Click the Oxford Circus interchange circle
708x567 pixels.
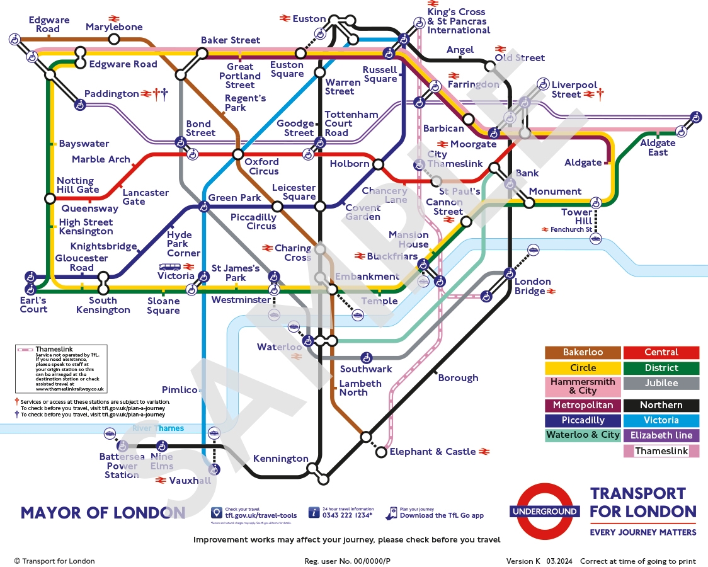[238, 154]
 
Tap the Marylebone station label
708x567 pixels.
[114, 27]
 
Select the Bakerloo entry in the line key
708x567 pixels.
[583, 353]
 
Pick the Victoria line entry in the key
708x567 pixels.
[661, 420]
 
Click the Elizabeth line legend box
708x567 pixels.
[661, 435]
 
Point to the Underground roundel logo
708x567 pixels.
[544, 512]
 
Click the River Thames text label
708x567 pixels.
[158, 428]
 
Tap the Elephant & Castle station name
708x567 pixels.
[433, 452]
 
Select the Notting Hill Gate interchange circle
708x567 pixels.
[50, 198]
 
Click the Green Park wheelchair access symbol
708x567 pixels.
[203, 206]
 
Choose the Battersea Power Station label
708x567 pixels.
[122, 466]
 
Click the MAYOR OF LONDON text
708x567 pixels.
[103, 513]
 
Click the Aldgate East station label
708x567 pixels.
[658, 147]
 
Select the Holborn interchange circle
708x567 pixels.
[378, 164]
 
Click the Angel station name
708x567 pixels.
[460, 50]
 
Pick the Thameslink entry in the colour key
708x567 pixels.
[661, 451]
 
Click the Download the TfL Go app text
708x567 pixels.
[442, 515]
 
